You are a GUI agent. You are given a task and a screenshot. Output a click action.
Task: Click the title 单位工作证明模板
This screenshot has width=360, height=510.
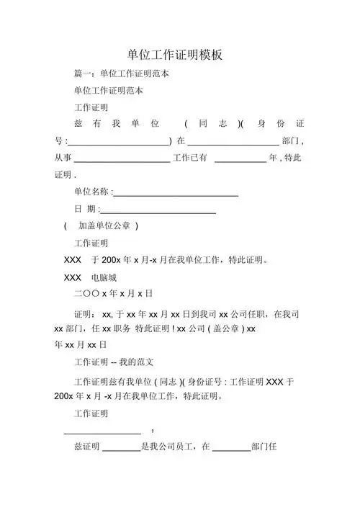(180, 55)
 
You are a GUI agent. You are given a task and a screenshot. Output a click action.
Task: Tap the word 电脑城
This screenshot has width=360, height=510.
(104, 277)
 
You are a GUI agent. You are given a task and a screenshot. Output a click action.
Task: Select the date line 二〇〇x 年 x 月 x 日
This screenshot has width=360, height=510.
(113, 294)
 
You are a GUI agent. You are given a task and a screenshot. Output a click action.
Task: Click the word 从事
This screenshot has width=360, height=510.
(63, 158)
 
